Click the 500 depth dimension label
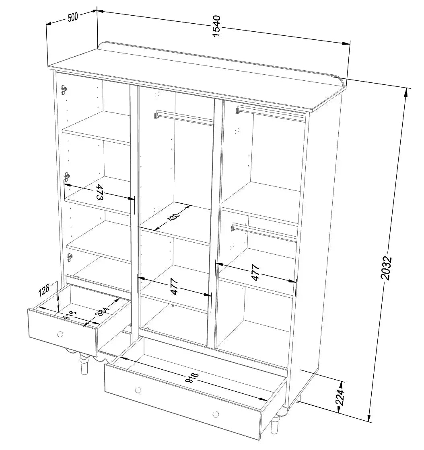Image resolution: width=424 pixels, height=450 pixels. pyautogui.click(x=73, y=18)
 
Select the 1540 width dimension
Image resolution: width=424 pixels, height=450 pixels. pyautogui.click(x=216, y=27)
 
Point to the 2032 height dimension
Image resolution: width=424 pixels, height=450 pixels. pyautogui.click(x=386, y=268)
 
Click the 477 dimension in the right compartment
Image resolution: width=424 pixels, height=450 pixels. pyautogui.click(x=255, y=272)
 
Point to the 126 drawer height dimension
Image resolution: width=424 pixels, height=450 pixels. pyautogui.click(x=45, y=288)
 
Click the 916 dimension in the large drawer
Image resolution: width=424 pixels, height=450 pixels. pyautogui.click(x=192, y=378)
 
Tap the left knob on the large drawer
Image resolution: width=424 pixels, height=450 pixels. pyautogui.click(x=138, y=390)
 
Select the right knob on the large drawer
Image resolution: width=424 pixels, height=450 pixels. pyautogui.click(x=216, y=414)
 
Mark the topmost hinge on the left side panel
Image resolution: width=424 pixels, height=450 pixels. pyautogui.click(x=63, y=89)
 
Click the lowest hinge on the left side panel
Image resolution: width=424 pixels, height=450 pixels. pyautogui.click(x=70, y=257)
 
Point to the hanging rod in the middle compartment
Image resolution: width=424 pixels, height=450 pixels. pyautogui.click(x=184, y=118)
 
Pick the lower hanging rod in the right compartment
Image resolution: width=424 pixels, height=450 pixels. pyautogui.click(x=263, y=232)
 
